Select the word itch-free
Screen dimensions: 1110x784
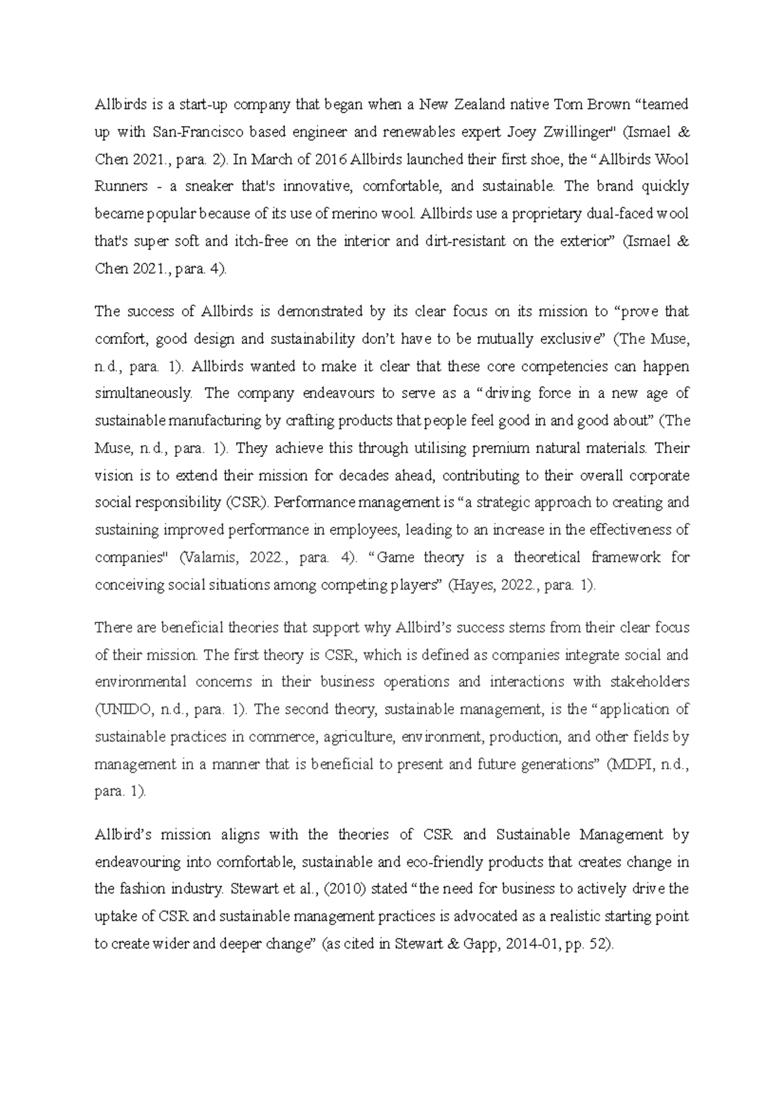(261, 241)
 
